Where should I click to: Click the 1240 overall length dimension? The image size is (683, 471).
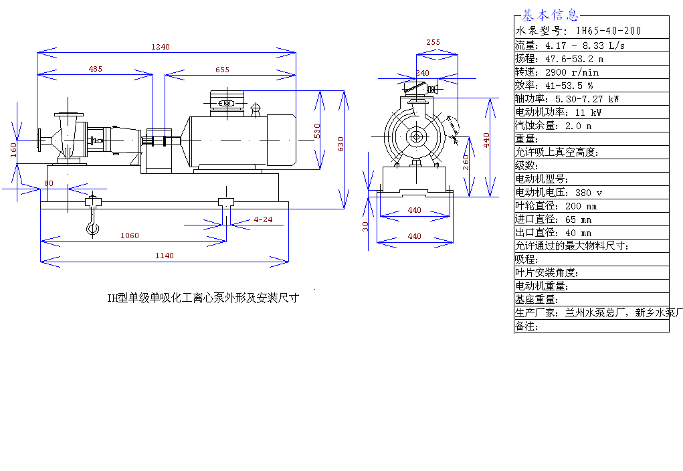(x=161, y=47)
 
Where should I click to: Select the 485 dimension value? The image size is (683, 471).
(x=96, y=69)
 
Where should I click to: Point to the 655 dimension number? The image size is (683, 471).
(x=223, y=69)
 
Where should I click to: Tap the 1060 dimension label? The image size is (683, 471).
(x=130, y=235)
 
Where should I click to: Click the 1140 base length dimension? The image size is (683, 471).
(x=164, y=256)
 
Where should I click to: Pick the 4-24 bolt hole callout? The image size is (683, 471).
(x=263, y=219)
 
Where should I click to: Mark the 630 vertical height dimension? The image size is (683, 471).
(x=340, y=144)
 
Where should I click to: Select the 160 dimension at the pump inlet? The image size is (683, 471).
(x=13, y=149)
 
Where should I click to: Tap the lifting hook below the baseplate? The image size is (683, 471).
(x=92, y=224)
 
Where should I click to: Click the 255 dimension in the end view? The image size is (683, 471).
(x=433, y=42)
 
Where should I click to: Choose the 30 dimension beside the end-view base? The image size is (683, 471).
(x=365, y=226)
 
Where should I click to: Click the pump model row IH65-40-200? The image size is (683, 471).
(x=578, y=31)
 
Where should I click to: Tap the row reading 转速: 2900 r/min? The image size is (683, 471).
(x=557, y=72)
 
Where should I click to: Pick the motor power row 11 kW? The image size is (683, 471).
(x=558, y=112)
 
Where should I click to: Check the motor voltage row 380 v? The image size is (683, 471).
(x=558, y=192)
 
